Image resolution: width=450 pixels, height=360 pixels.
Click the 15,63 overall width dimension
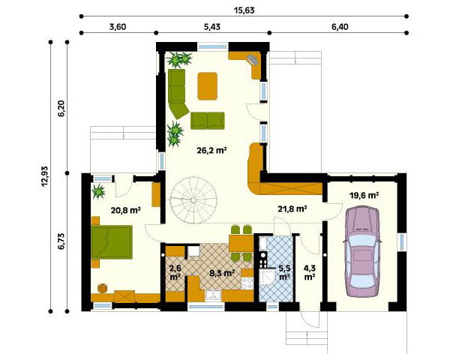[244, 10]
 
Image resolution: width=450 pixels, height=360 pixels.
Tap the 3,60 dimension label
[118, 27]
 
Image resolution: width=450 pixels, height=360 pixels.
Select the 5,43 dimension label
[212, 27]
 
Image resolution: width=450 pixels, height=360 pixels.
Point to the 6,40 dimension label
[340, 27]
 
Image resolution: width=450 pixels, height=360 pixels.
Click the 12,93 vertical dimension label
[46, 176]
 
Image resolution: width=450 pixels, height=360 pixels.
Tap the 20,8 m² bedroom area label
[125, 211]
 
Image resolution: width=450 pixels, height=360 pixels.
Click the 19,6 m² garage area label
[364, 196]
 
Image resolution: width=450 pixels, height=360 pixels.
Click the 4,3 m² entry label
[310, 273]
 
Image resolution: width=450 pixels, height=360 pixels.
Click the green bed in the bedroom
[112, 242]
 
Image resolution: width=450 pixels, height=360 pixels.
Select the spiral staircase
[193, 200]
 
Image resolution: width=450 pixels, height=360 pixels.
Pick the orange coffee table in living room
[208, 86]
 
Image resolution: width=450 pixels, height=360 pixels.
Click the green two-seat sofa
[208, 121]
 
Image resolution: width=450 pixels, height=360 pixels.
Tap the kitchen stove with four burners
[247, 283]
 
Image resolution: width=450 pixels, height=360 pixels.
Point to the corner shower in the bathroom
[265, 277]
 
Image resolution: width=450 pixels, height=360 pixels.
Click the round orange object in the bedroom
[103, 288]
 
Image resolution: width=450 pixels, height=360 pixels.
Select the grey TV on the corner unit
[253, 59]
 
